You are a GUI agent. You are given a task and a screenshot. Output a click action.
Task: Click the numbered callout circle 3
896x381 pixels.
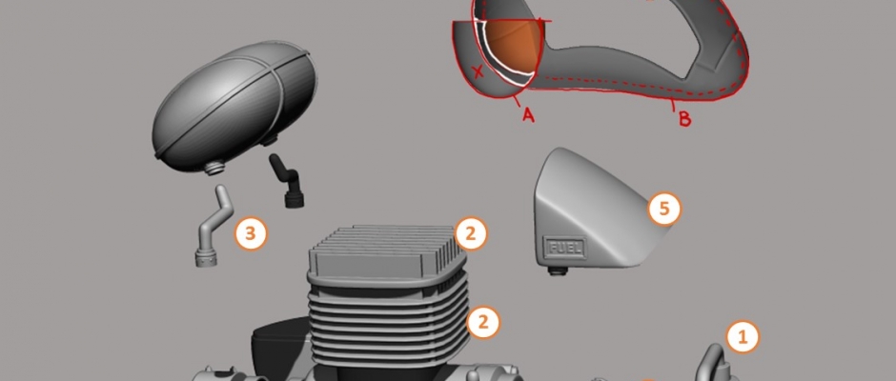point(251,233)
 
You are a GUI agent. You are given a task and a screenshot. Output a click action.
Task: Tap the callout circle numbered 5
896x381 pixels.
point(664,209)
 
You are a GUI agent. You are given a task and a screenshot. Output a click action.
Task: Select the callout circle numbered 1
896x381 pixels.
point(743,337)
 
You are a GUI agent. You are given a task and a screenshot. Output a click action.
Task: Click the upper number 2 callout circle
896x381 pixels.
point(471,233)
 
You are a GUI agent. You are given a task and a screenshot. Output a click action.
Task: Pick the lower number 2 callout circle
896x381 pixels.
point(483,322)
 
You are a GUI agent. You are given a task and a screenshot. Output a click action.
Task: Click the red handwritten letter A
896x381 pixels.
point(528,115)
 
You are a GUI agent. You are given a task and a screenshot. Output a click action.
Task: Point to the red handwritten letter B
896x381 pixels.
point(684,119)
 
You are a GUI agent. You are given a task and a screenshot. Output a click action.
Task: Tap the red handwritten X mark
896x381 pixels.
point(479,71)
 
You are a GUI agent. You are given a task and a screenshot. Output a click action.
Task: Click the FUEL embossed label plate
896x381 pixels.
point(566,248)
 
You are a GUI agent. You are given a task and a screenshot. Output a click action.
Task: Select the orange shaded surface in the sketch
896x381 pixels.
point(514,47)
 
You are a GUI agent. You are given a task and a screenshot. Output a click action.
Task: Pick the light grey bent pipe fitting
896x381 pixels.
point(214,225)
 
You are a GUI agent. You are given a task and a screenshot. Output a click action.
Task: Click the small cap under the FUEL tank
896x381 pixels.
point(559,271)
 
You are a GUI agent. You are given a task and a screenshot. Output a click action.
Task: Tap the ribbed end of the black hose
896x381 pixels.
point(295,198)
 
